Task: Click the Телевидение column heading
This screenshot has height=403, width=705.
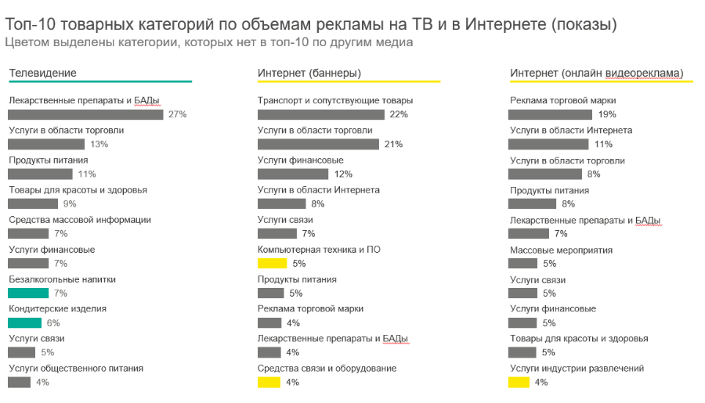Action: pyautogui.click(x=42, y=73)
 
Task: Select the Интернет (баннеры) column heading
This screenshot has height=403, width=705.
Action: pyautogui.click(x=309, y=73)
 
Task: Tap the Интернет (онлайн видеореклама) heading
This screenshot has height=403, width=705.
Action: pyautogui.click(x=596, y=73)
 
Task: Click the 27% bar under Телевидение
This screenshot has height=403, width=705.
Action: pyautogui.click(x=85, y=114)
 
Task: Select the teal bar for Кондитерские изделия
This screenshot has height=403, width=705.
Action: pyautogui.click(x=24, y=322)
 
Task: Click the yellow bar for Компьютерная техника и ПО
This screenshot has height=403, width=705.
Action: pyautogui.click(x=272, y=263)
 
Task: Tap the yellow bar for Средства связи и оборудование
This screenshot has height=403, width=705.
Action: pyautogui.click(x=269, y=382)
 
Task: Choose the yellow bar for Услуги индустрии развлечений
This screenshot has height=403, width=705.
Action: pyautogui.click(x=519, y=382)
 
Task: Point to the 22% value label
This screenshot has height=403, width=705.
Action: pyautogui.click(x=399, y=114)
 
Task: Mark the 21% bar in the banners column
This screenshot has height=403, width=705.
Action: pyautogui.click(x=318, y=144)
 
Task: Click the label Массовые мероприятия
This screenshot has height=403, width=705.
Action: pyautogui.click(x=561, y=250)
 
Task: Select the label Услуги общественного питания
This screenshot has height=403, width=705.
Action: pyautogui.click(x=76, y=369)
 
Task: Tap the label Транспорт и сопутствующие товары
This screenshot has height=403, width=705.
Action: pyautogui.click(x=335, y=100)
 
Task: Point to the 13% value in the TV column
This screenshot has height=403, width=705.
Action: pyautogui.click(x=99, y=144)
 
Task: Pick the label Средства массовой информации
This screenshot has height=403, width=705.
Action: pyautogui.click(x=80, y=220)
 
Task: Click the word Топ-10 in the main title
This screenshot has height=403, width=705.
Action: pyautogui.click(x=30, y=24)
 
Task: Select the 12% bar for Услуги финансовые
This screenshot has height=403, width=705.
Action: pyautogui.click(x=291, y=174)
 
